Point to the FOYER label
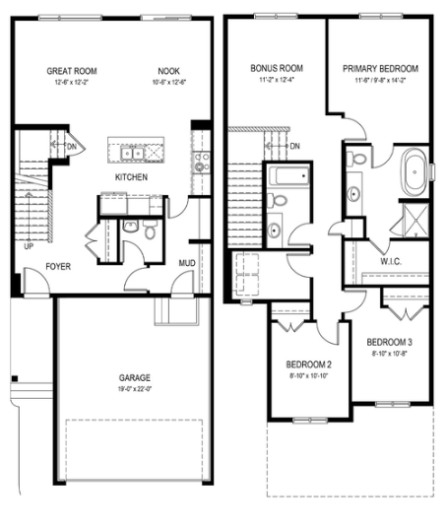[x=60, y=266]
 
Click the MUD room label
[x=186, y=263]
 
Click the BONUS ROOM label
[x=277, y=68]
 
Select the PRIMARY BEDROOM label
[x=380, y=68]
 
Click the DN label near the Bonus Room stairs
[x=294, y=147]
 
